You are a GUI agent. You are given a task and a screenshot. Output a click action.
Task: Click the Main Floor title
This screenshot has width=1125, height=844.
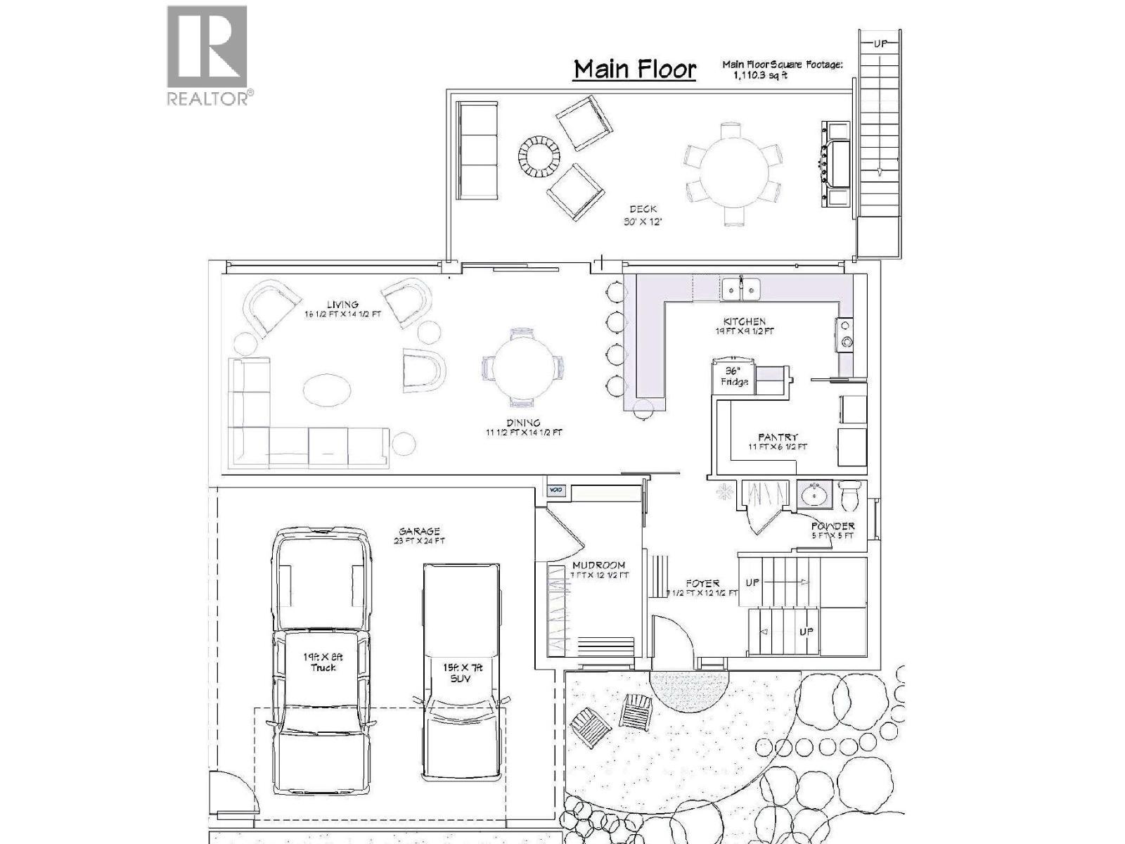[x=634, y=69]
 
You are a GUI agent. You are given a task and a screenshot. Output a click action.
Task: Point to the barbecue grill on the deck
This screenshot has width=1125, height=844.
[x=837, y=164]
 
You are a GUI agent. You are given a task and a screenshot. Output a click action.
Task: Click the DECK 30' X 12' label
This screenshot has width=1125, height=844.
[x=643, y=215]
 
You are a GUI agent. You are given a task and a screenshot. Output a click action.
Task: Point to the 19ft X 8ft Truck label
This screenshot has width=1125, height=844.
[x=323, y=661]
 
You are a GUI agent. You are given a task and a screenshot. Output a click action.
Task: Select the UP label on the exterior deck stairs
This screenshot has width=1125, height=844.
[x=881, y=44]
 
